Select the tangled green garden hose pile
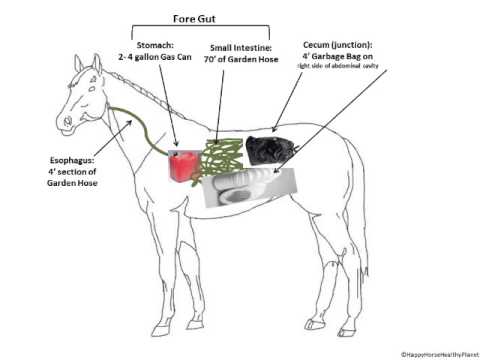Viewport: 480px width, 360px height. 225,158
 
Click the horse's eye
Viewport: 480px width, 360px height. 82,87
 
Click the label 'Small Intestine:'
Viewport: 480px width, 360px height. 239,47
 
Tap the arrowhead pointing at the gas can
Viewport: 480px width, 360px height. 177,151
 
